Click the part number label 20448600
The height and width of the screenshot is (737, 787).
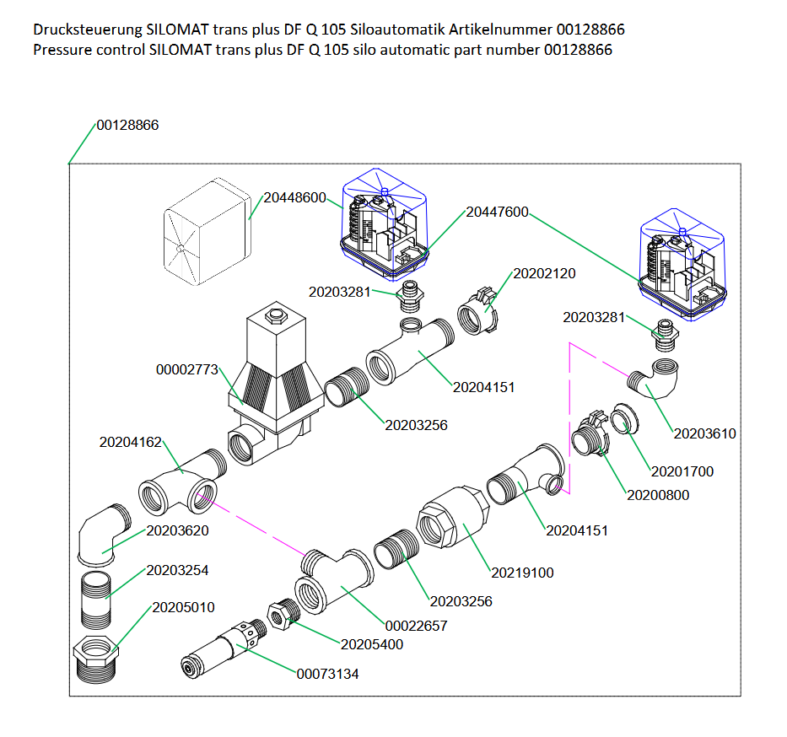(x=294, y=198)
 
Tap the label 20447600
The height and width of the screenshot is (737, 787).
(x=497, y=212)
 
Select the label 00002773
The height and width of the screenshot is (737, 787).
(x=187, y=370)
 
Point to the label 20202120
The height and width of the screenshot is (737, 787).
(x=544, y=274)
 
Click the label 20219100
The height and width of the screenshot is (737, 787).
(x=522, y=573)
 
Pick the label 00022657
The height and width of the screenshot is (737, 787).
(x=416, y=626)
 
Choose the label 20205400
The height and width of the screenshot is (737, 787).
(x=371, y=645)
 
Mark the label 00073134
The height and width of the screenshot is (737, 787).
(x=327, y=674)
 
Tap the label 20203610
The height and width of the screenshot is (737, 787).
(x=704, y=434)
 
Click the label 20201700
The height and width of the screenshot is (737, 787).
(x=682, y=472)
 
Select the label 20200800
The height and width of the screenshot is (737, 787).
(x=657, y=495)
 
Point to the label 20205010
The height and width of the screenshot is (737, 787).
(x=183, y=608)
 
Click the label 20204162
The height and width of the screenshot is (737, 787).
(x=130, y=441)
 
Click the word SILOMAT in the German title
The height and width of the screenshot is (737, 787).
(x=179, y=30)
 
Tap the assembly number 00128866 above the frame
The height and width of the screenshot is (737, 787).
(x=127, y=125)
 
